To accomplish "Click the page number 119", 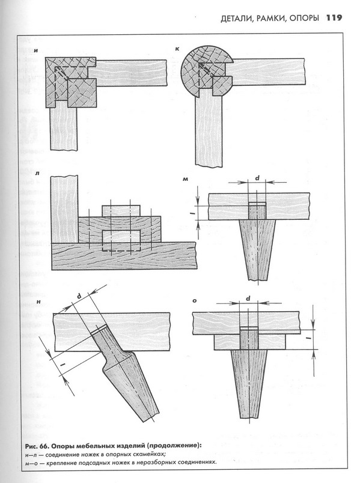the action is (334, 17).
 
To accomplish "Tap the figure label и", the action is (36, 50).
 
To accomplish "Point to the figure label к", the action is (177, 49).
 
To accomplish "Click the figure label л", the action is (37, 174).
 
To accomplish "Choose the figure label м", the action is (185, 178).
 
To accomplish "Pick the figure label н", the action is (38, 302).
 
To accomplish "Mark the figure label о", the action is (195, 300).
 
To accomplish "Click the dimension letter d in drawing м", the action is (257, 178).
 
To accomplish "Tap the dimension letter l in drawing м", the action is (191, 213).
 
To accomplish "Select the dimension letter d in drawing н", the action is (79, 296).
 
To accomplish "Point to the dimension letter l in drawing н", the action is (63, 365).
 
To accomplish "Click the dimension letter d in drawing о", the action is (248, 299).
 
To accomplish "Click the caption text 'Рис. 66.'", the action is (37, 446).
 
